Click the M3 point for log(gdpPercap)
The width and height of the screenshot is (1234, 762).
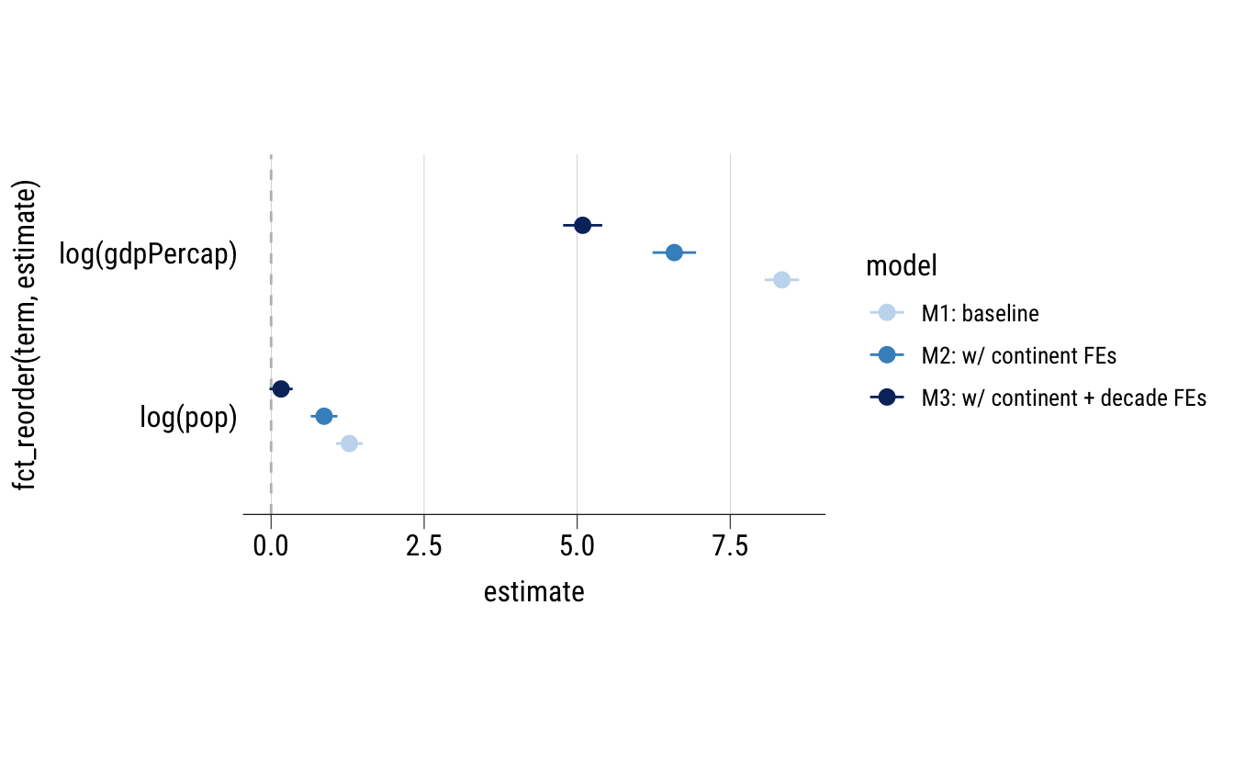pos(582,225)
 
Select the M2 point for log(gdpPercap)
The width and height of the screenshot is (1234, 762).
pos(674,252)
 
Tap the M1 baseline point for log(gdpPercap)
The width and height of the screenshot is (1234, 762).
pos(781,279)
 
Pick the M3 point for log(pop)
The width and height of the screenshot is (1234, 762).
pos(281,389)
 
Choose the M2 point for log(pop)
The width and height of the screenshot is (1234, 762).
pos(323,417)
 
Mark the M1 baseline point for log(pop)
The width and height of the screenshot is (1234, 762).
pos(349,443)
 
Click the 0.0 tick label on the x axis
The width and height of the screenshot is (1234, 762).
pos(271,545)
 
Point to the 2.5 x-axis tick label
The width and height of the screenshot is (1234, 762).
pos(423,545)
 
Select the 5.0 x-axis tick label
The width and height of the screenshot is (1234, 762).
pos(577,545)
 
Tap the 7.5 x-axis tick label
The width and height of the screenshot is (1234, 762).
pos(730,545)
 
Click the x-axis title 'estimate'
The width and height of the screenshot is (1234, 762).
pos(533,592)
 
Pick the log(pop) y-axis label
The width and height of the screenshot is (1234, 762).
pos(188,418)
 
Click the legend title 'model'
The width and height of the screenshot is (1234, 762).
pos(901,267)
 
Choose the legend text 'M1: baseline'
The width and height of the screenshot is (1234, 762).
pos(981,314)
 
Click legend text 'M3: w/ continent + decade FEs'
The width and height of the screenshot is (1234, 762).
pos(1063,398)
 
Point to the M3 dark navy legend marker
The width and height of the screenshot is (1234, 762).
pos(886,398)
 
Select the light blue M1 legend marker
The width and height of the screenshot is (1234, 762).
pos(886,313)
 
